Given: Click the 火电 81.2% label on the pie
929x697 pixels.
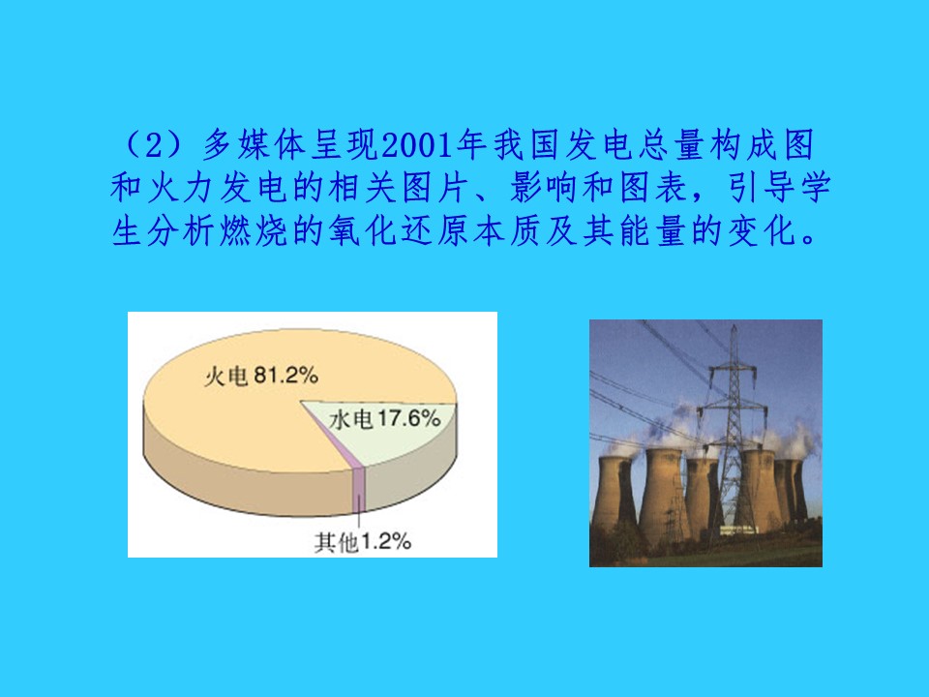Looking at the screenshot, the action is point(261,376).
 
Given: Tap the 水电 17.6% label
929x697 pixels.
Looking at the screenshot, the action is point(385,419).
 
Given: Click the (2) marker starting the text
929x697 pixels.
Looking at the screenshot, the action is point(154,145).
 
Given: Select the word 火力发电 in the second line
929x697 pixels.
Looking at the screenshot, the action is point(183,188).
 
